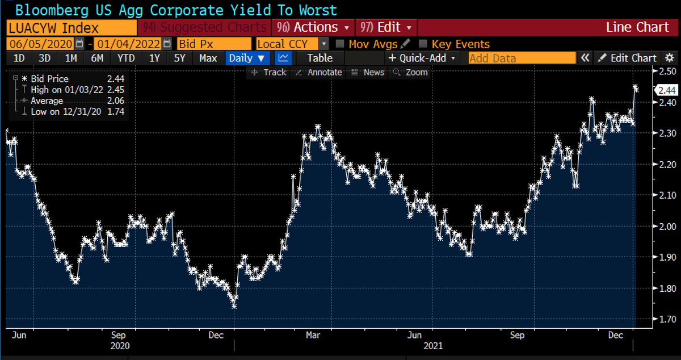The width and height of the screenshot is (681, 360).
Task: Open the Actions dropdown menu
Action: click(313, 27)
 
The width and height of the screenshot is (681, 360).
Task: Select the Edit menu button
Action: click(386, 27)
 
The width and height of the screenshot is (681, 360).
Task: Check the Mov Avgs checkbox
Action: click(340, 44)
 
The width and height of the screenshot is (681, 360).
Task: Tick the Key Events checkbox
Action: click(423, 44)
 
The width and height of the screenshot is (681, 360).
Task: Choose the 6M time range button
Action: click(97, 58)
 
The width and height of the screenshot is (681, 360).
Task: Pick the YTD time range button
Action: click(125, 58)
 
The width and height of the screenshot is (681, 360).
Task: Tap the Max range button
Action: click(208, 58)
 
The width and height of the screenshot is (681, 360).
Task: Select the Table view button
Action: click(320, 58)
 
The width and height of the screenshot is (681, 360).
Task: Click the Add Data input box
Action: click(522, 58)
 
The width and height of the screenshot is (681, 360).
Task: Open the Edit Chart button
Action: click(627, 58)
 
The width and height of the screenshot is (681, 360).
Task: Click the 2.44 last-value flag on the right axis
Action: click(665, 90)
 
